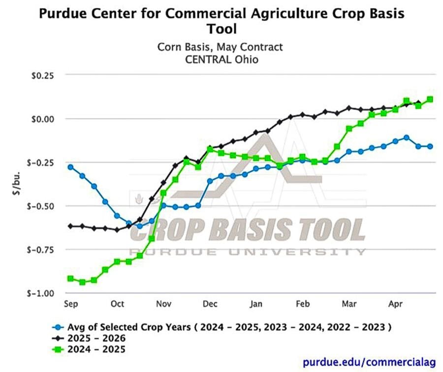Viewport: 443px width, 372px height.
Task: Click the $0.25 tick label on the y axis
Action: [x=42, y=76]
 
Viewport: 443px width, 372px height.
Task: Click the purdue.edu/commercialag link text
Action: [x=369, y=362]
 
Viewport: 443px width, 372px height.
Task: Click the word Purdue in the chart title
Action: [x=63, y=13]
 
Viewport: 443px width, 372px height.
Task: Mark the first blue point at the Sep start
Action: [x=70, y=167]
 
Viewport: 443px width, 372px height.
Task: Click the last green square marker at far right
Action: [x=430, y=99]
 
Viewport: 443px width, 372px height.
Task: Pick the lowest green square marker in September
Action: [x=82, y=282]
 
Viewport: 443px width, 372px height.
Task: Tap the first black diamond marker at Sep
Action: [x=70, y=226]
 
